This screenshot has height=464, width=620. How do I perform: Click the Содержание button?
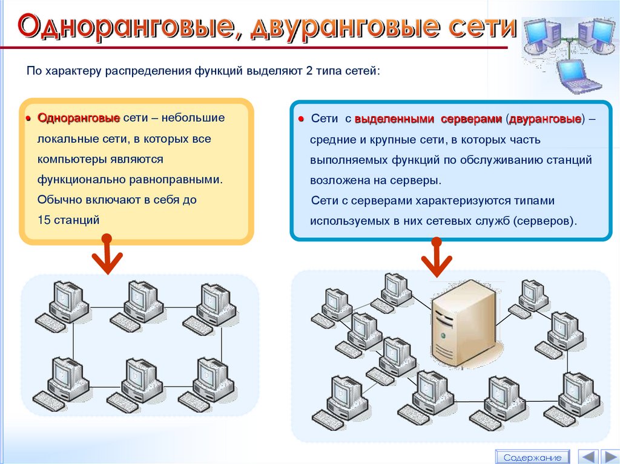532,457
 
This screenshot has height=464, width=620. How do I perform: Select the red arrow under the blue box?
436,257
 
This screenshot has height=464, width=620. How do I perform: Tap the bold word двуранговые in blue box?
545,119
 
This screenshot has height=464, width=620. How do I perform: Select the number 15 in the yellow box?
44,220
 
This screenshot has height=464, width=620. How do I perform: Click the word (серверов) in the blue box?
542,221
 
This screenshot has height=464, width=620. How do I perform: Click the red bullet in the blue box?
300,119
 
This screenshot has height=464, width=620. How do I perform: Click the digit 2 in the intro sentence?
309,71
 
